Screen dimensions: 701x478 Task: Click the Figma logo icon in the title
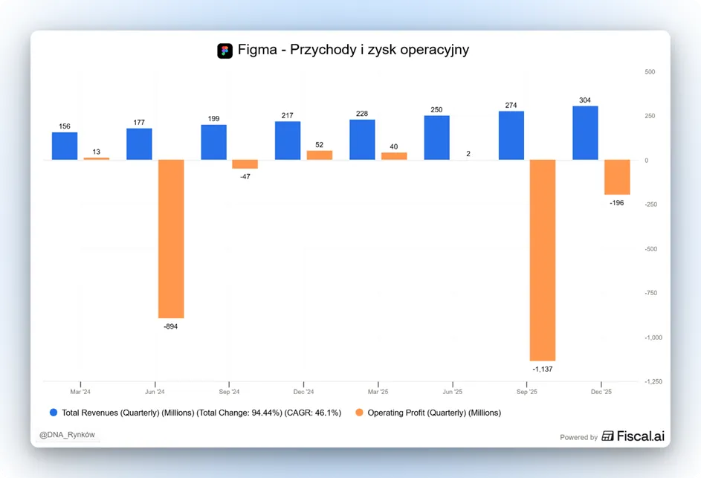[225, 51]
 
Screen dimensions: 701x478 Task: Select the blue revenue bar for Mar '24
[65, 146]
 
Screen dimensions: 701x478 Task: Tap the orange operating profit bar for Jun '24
[171, 239]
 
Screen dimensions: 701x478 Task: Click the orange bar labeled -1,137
[543, 259]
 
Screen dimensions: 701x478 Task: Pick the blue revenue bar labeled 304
[585, 133]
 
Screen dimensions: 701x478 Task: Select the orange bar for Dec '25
[618, 177]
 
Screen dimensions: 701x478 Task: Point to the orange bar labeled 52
[320, 155]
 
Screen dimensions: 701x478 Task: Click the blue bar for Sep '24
[213, 142]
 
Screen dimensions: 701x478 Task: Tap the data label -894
[171, 326]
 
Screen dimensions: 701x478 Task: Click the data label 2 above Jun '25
[468, 153]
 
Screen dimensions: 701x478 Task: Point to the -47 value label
[245, 177]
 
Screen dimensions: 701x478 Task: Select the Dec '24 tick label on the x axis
[303, 392]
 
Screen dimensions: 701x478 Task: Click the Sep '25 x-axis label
[527, 392]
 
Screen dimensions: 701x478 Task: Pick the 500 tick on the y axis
[650, 71]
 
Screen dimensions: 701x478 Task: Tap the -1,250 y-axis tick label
[653, 381]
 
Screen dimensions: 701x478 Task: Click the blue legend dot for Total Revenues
[54, 413]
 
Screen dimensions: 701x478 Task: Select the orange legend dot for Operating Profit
[359, 413]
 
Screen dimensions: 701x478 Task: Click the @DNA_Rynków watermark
[67, 435]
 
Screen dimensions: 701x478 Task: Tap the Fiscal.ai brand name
[641, 436]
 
